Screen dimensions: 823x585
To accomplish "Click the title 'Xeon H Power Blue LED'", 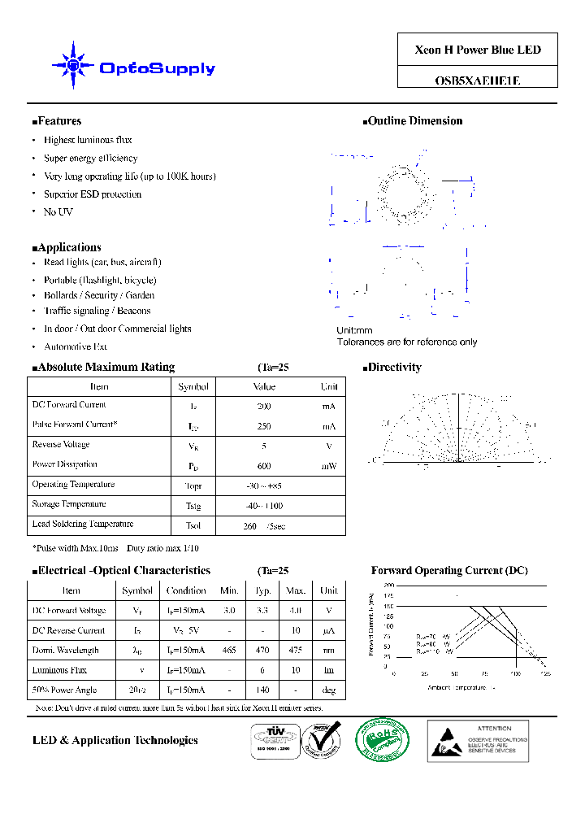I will click(478, 50).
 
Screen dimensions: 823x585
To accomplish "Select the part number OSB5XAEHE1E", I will click(478, 81).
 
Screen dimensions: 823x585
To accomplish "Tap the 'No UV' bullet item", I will click(58, 212).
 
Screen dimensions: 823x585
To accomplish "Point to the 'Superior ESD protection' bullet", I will click(93, 194).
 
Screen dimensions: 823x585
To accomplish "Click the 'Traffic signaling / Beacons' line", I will click(97, 311).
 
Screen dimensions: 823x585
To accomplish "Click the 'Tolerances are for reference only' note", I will click(407, 342).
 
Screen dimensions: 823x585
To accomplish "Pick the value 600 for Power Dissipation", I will click(264, 466).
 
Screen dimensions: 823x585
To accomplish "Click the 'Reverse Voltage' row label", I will click(61, 445).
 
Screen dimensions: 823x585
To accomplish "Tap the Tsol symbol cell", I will click(193, 525).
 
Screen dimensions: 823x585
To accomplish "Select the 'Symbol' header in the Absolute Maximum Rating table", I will click(193, 387).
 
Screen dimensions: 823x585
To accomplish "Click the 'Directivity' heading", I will click(393, 368).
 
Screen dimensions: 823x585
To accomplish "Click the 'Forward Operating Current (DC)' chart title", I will click(449, 571).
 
